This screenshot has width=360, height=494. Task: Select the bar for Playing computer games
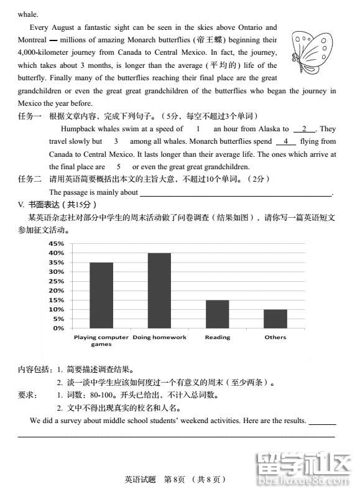coord(101,295)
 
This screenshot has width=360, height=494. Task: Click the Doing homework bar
coord(159,290)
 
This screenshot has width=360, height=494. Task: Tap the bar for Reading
coord(217,314)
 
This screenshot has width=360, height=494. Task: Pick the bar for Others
coord(275,318)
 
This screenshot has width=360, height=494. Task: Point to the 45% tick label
coord(56,243)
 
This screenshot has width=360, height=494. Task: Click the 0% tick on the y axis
coord(58,328)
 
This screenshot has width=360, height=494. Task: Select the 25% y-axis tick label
coord(56,281)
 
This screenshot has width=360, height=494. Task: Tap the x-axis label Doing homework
coord(160,337)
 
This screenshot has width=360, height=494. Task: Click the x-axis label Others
coord(275,337)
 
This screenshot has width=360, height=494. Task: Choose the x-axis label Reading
coord(218,337)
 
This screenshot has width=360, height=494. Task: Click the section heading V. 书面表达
coord(57,205)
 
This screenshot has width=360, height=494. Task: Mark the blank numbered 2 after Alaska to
coord(304,129)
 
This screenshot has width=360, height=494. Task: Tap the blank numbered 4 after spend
coord(285,142)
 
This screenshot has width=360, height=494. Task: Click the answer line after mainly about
coord(236,193)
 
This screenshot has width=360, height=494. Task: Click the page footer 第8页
coord(175,479)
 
